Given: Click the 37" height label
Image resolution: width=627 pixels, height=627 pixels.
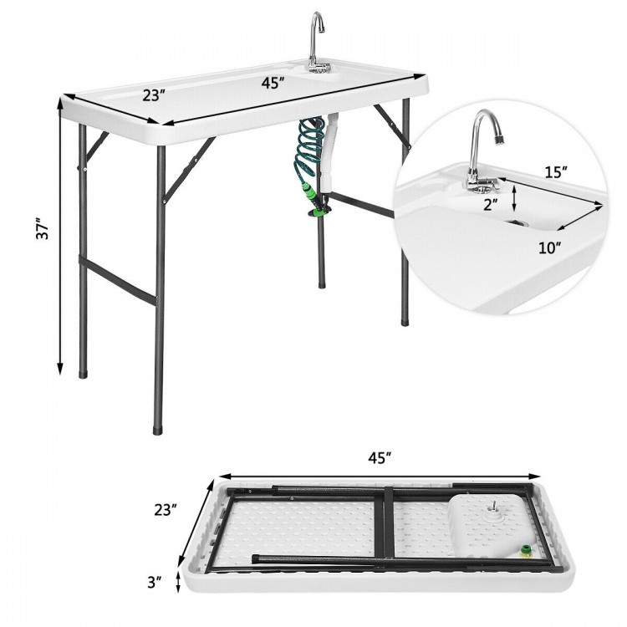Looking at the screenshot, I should (x=44, y=231).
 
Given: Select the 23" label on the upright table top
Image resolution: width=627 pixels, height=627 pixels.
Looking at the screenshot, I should (x=153, y=94).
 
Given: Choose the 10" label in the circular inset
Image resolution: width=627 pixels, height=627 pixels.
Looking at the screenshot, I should (x=549, y=246).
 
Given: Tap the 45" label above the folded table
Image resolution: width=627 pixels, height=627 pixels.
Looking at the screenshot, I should (x=380, y=458).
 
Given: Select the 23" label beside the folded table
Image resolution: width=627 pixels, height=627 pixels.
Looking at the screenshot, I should (x=166, y=508).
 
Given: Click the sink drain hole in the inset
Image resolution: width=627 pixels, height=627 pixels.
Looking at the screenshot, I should (x=517, y=223).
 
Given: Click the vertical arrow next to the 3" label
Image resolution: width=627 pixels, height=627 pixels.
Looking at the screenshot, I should (x=178, y=580).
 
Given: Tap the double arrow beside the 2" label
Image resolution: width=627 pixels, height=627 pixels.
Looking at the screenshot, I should (x=514, y=200).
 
